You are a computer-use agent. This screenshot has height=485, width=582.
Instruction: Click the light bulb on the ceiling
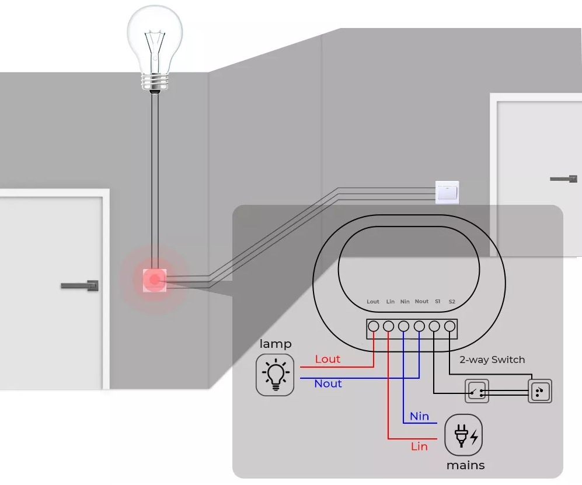(x=155, y=48)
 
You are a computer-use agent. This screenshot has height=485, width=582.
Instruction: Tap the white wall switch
(x=447, y=192)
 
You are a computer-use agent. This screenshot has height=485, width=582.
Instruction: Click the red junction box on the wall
(x=155, y=280)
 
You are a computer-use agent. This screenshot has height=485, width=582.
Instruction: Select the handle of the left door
(x=80, y=286)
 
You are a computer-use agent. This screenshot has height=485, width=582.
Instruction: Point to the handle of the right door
(x=563, y=179)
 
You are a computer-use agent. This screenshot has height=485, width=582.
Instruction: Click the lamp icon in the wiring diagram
(x=275, y=375)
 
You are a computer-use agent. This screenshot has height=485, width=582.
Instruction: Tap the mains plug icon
(x=463, y=435)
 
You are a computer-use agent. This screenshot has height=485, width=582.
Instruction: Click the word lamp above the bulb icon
(x=276, y=344)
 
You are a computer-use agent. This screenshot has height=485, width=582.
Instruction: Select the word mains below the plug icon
(x=465, y=465)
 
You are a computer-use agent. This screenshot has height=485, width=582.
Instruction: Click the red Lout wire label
(x=327, y=359)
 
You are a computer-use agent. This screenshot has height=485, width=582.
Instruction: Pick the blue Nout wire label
(x=327, y=383)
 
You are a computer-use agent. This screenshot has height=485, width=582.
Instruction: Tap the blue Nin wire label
(x=419, y=416)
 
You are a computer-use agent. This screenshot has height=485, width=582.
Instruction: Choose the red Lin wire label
(x=419, y=446)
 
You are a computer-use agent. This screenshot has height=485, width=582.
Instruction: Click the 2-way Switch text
(x=492, y=360)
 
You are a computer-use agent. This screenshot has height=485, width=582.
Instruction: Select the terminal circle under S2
(x=449, y=327)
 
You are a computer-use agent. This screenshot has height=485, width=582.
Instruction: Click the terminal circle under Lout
(x=374, y=327)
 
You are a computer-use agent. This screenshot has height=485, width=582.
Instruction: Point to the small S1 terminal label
(x=438, y=301)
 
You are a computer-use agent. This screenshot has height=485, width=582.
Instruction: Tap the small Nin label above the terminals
(x=405, y=302)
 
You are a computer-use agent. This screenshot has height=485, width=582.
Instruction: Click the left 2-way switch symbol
(x=477, y=391)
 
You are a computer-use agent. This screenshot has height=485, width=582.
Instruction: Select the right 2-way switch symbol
(x=540, y=391)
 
